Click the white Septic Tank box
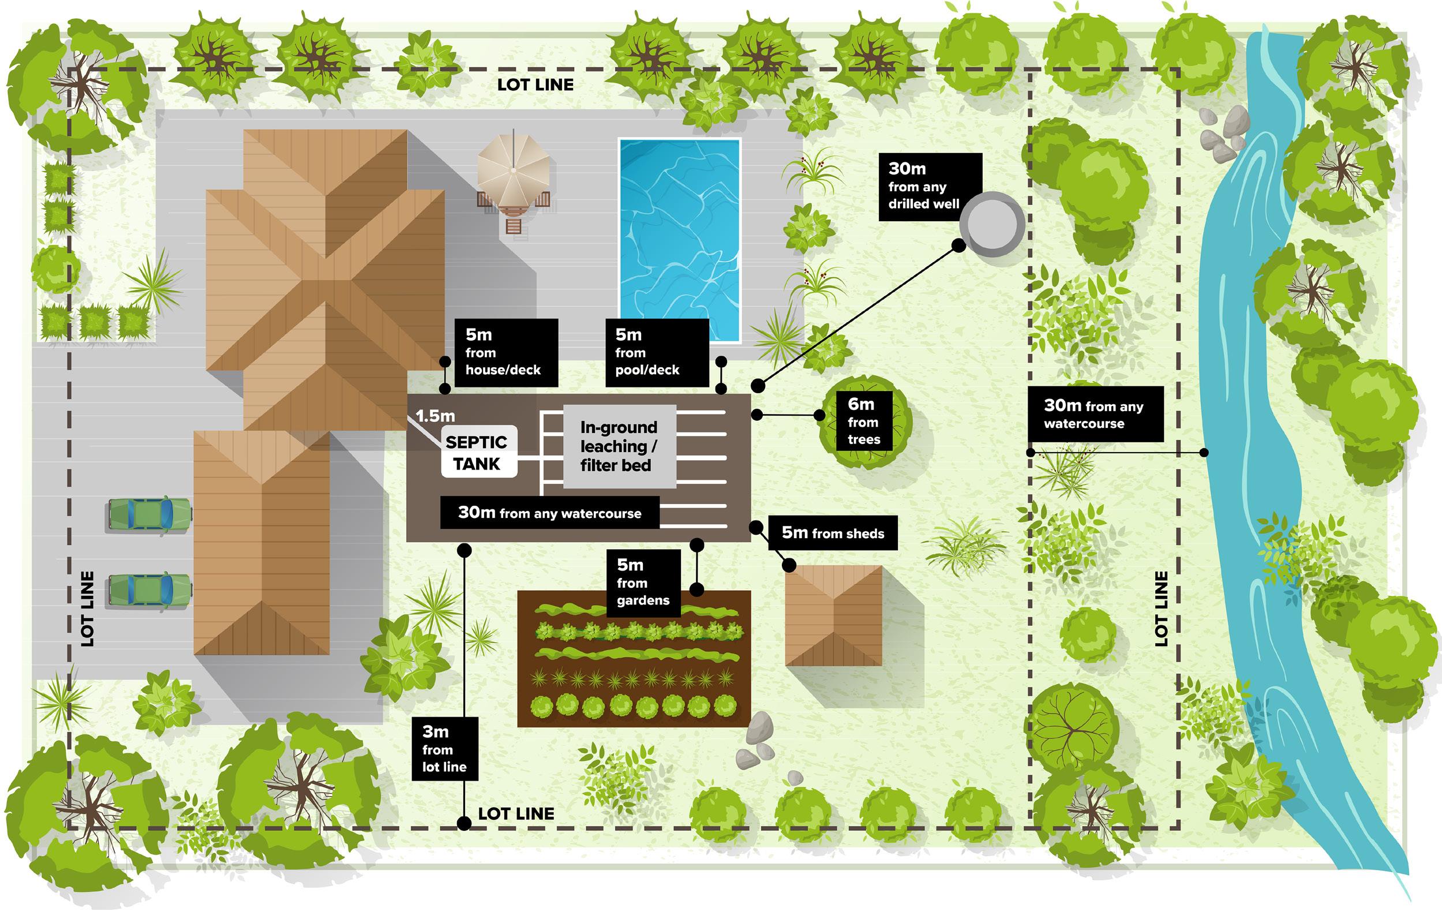click(478, 452)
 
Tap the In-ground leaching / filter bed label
click(619, 446)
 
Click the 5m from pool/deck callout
click(656, 352)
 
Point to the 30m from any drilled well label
click(930, 187)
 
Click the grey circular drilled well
click(992, 223)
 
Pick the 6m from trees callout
click(863, 421)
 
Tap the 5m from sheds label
click(833, 533)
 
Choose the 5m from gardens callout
click(643, 582)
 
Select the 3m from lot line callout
click(444, 749)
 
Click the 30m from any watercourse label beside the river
click(1095, 414)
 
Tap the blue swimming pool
click(680, 240)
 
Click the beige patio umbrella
click(512, 170)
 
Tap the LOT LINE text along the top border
click(535, 85)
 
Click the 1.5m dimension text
click(435, 415)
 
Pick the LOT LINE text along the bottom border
click(516, 814)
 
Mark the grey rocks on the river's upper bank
click(1224, 135)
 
